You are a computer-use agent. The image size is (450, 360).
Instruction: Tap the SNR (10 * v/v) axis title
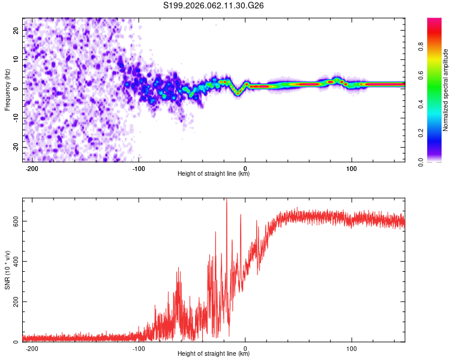point(7,269)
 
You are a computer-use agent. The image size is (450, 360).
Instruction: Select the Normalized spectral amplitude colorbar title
point(445,90)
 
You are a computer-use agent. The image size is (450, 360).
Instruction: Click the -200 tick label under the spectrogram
point(32,169)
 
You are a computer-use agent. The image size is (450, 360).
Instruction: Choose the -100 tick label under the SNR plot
point(139,348)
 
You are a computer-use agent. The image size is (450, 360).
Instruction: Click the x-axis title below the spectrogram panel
point(214,174)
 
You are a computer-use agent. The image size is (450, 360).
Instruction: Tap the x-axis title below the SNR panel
point(214,354)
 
